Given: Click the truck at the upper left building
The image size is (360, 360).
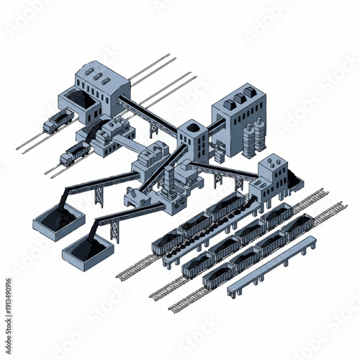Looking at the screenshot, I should click(x=58, y=122).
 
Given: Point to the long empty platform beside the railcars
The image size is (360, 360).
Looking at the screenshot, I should click(x=272, y=266).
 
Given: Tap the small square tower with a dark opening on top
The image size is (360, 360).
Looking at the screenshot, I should click(x=192, y=137).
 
